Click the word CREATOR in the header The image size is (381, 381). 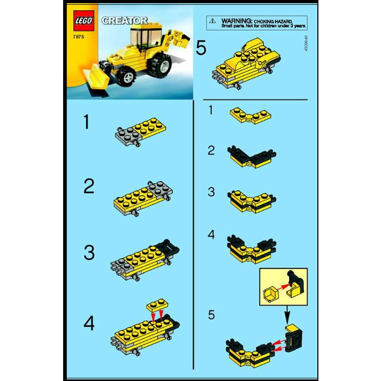point(124,20)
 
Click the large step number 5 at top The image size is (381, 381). point(201,48)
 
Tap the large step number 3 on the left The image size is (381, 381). point(88,253)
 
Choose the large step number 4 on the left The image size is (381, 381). point(88,323)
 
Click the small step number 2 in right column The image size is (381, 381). point(212,151)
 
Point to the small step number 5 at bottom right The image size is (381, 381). point(212,315)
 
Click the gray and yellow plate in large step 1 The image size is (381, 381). point(140,131)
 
